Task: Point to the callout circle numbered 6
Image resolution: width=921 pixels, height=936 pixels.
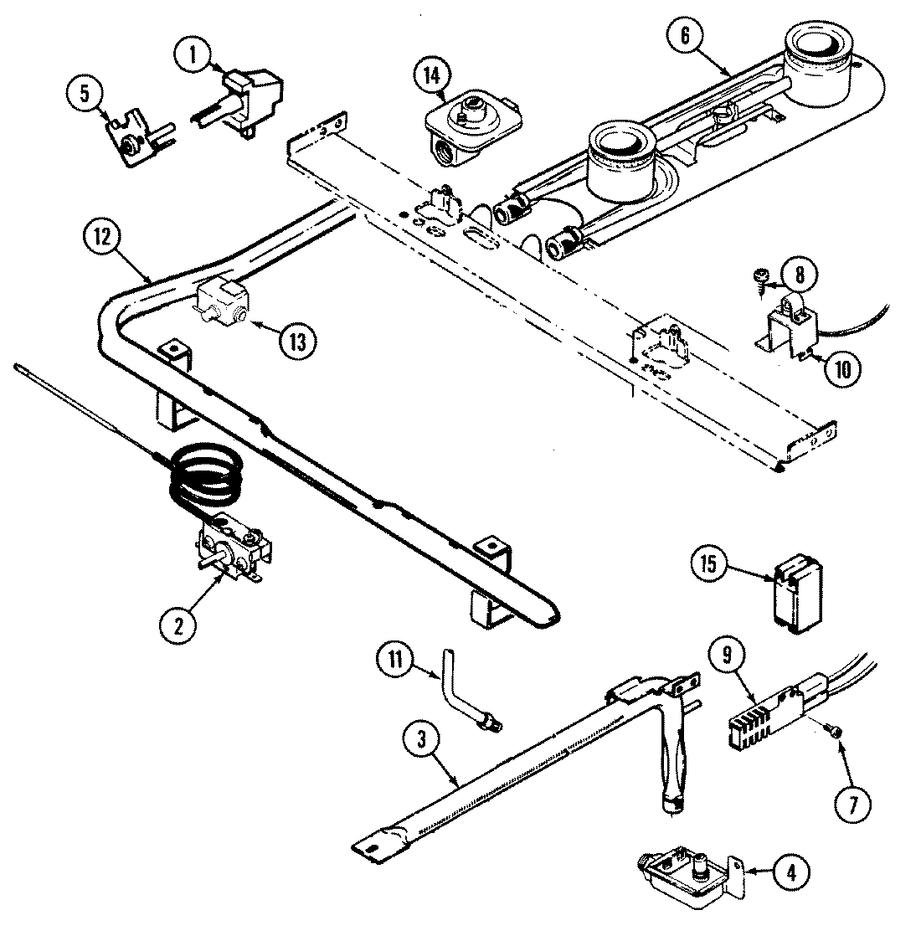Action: [686, 35]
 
